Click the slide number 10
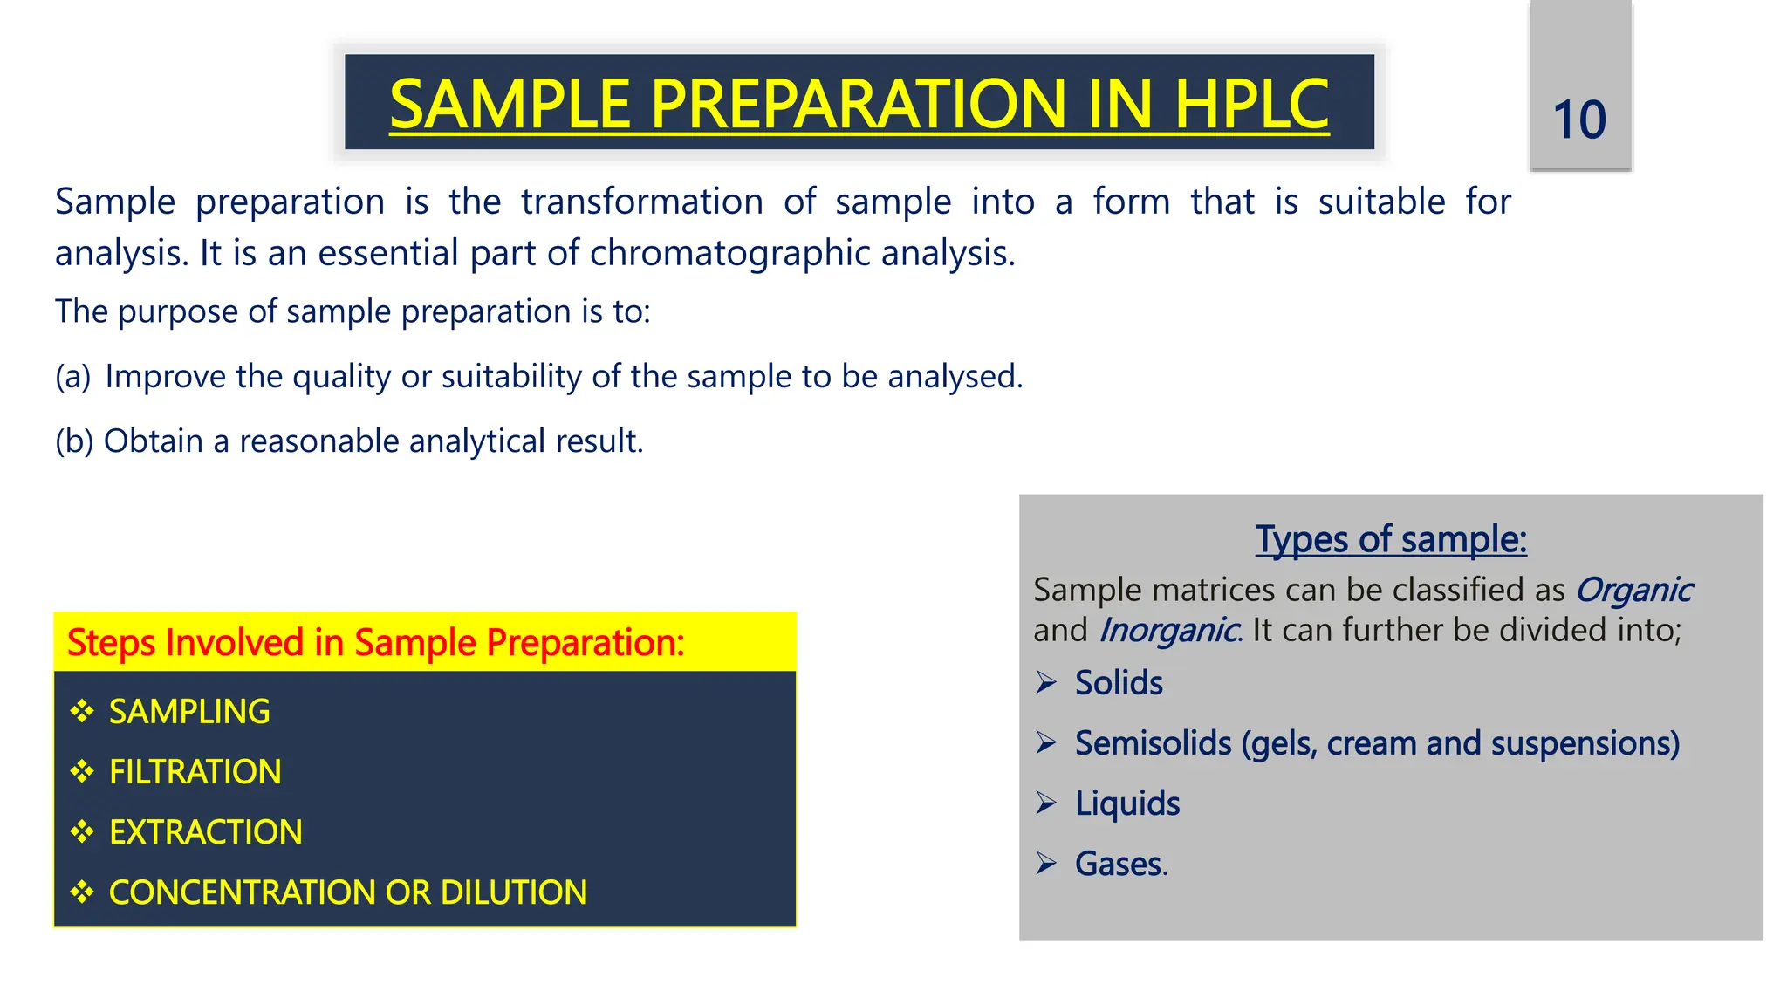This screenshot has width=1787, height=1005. coord(1579,120)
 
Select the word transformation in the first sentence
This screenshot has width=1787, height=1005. coord(641,202)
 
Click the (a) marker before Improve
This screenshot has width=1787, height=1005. coord(72,377)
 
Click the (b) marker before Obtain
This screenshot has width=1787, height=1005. coord(73,441)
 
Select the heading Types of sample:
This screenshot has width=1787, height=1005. coord(1391,539)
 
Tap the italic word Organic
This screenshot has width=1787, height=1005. coord(1633,591)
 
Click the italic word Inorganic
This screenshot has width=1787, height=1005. coord(1167,631)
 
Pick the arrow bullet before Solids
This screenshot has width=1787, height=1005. coord(1046,682)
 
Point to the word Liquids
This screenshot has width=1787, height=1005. coord(1126,803)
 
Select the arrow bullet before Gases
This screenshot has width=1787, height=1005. coord(1046,864)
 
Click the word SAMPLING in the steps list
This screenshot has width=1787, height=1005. coord(189,712)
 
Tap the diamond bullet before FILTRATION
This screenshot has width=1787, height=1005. coord(82,771)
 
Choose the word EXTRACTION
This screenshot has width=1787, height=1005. coord(205,832)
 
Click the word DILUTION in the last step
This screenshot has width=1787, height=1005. coord(513,892)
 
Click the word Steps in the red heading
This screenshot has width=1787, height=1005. coord(112,643)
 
